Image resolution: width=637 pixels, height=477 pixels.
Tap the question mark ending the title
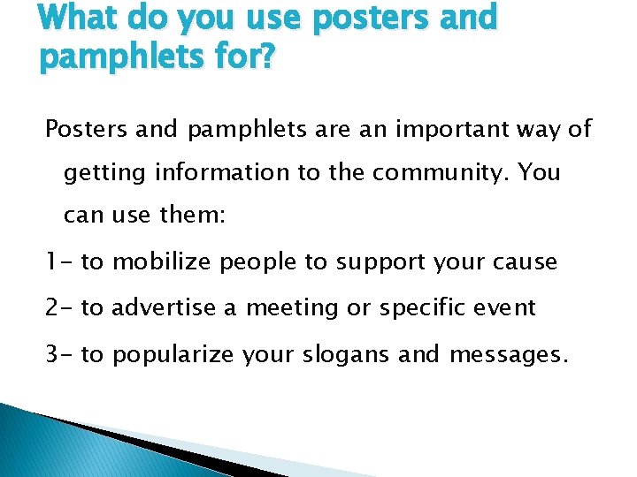(x=268, y=60)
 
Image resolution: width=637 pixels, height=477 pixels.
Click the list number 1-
(x=58, y=262)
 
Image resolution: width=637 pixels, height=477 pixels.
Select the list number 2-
(x=59, y=307)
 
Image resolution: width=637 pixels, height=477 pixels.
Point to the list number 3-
(x=59, y=353)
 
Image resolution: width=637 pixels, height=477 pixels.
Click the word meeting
(x=290, y=308)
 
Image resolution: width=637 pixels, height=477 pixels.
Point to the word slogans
(x=339, y=354)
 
